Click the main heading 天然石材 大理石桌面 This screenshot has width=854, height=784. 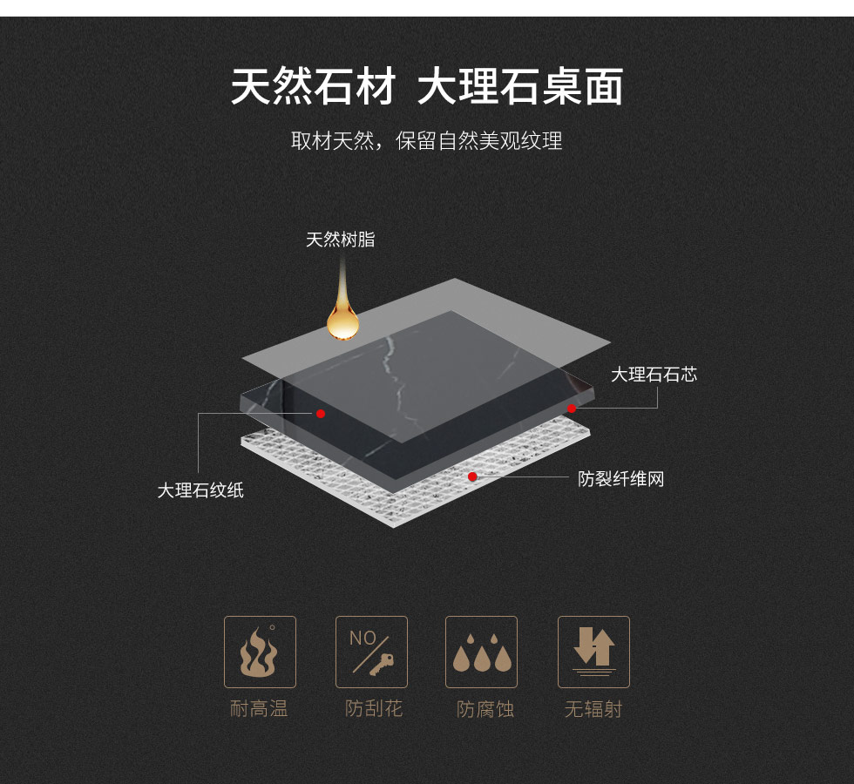click(427, 86)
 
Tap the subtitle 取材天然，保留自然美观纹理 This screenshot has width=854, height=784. click(426, 141)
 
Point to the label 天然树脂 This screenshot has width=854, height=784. click(341, 240)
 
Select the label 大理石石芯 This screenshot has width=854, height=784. click(654, 375)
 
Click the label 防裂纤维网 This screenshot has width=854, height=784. click(620, 479)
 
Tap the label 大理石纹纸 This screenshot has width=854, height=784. click(200, 490)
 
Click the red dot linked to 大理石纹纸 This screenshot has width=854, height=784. click(321, 414)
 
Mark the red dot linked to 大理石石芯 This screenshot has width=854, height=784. click(572, 409)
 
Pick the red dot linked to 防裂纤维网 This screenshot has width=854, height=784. click(472, 477)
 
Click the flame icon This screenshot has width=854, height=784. click(260, 652)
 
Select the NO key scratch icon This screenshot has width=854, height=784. click(371, 652)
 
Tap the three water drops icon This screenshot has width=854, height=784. click(481, 652)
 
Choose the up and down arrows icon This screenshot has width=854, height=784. click(593, 652)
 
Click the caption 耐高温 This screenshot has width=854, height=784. click(259, 709)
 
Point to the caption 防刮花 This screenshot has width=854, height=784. click(374, 709)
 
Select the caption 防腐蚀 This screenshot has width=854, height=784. click(485, 709)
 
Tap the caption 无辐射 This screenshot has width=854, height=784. click(593, 709)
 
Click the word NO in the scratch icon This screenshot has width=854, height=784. click(363, 638)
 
